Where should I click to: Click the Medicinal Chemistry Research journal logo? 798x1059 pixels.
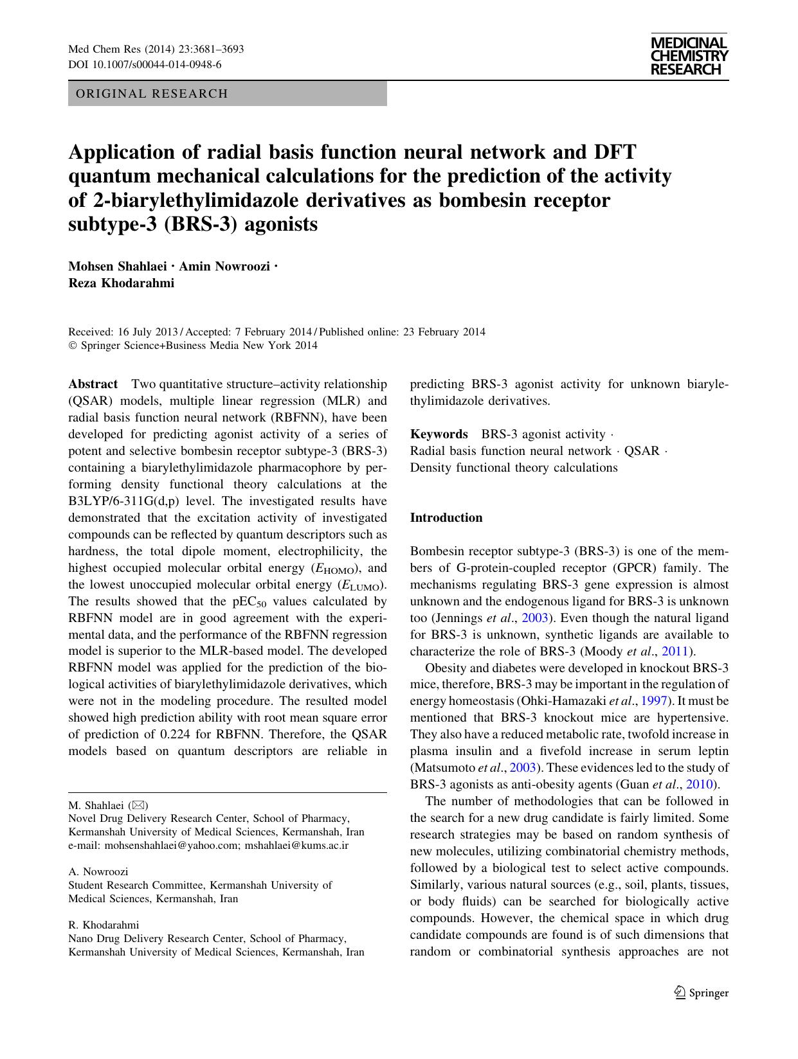(689, 57)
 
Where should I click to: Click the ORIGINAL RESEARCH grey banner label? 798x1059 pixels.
(152, 94)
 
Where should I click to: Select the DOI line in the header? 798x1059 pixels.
(145, 64)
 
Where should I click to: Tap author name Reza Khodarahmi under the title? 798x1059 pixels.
(121, 283)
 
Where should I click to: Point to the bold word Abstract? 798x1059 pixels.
(93, 384)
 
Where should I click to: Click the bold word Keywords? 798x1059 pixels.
(439, 434)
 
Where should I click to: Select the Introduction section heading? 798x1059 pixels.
(446, 518)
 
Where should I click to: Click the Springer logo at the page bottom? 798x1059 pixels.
(702, 993)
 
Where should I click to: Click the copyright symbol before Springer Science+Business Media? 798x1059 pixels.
(72, 346)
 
